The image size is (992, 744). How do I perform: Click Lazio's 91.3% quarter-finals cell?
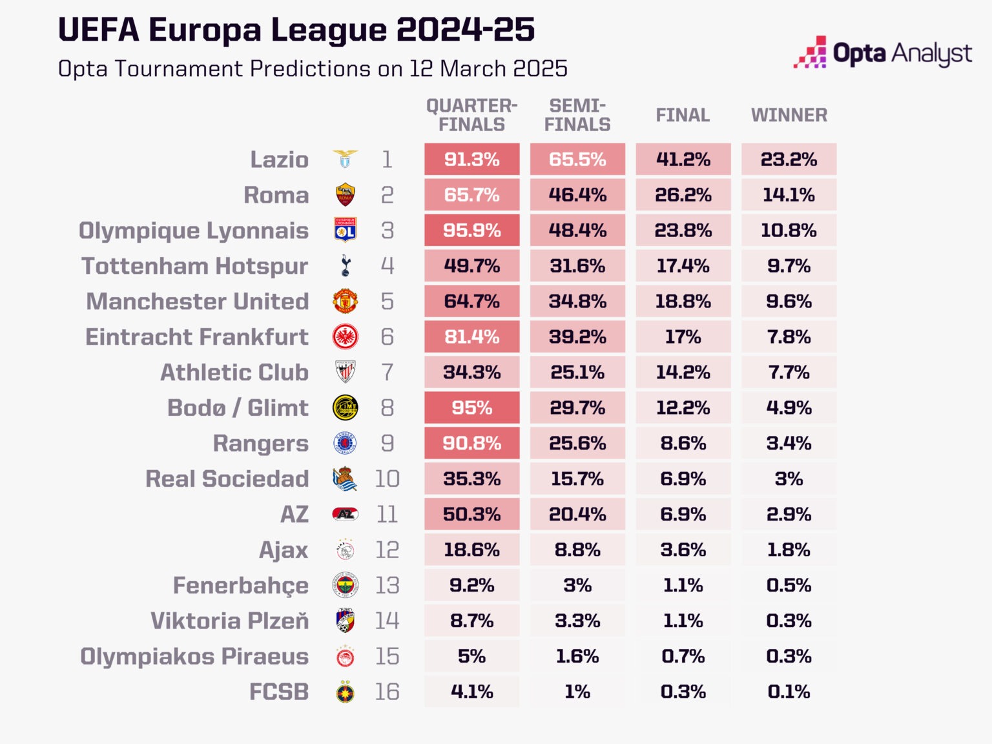[x=471, y=160]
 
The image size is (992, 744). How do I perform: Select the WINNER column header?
[x=789, y=116]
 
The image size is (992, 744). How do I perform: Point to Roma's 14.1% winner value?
[x=789, y=195]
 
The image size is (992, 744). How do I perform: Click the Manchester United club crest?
[x=346, y=302]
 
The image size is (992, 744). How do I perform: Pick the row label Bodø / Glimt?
[x=238, y=408]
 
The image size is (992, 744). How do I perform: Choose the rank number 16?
[x=387, y=692]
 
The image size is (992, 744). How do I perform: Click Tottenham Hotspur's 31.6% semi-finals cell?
[x=577, y=266]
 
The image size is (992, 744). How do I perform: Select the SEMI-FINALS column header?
[x=577, y=116]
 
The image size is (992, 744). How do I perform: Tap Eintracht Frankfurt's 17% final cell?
[x=683, y=337]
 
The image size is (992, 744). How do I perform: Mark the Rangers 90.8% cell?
[x=471, y=444]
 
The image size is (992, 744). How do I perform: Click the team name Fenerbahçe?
[x=240, y=586]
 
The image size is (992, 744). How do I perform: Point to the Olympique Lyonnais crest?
[x=346, y=231]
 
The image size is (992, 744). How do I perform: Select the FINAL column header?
[x=683, y=116]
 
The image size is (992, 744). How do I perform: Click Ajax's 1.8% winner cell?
[x=789, y=550]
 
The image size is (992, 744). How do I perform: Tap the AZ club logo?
[x=346, y=515]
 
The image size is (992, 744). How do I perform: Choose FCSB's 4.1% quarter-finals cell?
[x=471, y=692]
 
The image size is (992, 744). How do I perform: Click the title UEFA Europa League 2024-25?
[x=296, y=30]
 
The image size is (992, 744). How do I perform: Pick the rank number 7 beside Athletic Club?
[x=387, y=373]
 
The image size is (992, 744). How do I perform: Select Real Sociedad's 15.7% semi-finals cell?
[x=577, y=479]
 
